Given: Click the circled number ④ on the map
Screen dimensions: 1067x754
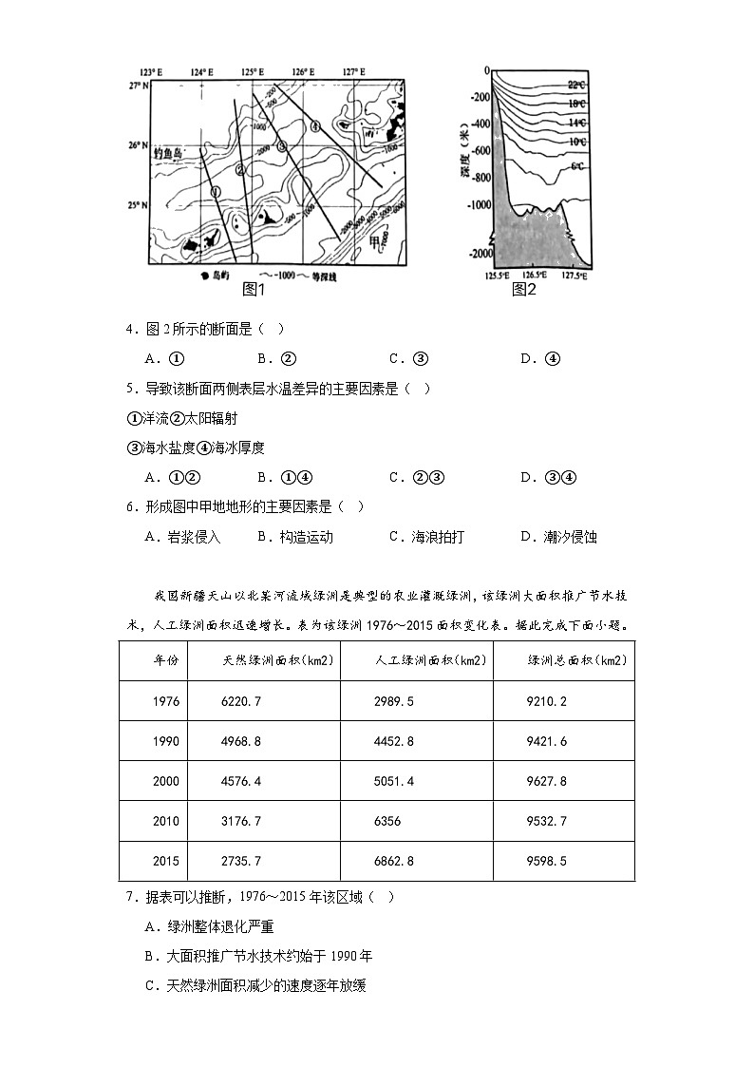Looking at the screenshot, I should [316, 124].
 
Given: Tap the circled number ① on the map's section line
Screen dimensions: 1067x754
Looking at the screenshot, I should [218, 188].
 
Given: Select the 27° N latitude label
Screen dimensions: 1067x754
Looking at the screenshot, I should [141, 86].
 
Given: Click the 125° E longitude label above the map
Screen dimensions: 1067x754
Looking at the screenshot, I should [253, 72].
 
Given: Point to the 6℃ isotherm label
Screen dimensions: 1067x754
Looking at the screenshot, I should [577, 167].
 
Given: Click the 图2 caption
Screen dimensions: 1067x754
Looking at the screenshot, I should [525, 289].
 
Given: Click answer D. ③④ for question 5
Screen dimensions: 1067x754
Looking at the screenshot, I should [548, 477].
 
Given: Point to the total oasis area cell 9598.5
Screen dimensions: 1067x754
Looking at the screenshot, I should [547, 861].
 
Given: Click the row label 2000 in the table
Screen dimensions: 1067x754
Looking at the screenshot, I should [165, 781].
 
